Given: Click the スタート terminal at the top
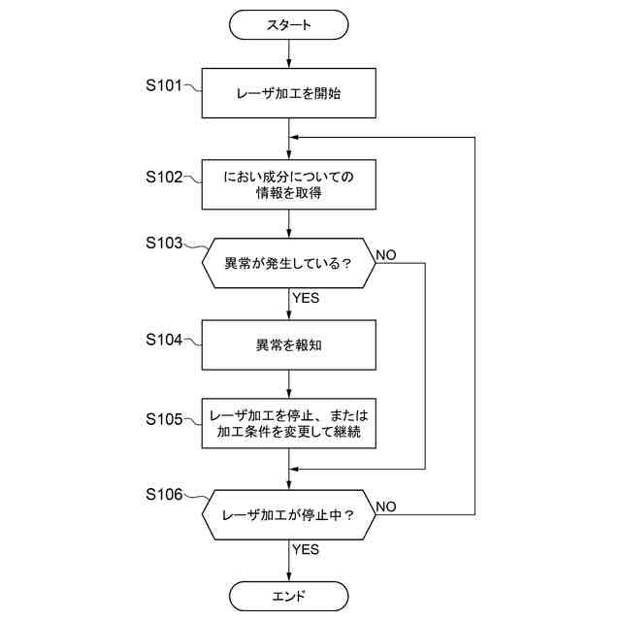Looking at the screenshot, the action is [x=289, y=25].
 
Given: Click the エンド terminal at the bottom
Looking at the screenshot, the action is [x=289, y=596].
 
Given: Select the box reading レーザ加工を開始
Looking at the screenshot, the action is [x=289, y=93].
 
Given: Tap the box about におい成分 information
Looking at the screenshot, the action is [x=289, y=184].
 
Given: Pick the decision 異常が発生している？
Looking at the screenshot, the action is [x=289, y=263].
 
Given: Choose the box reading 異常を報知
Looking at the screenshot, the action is [x=289, y=345].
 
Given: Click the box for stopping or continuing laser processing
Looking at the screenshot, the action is [x=289, y=423].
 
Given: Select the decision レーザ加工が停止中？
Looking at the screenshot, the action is [x=289, y=515].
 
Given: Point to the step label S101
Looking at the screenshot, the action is [x=164, y=85].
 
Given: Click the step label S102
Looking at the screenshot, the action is [x=164, y=177].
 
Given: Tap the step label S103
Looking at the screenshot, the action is [x=164, y=243].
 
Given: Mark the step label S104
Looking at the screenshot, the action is [x=164, y=340].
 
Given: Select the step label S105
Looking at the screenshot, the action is [x=164, y=419].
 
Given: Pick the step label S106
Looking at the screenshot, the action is [x=164, y=494].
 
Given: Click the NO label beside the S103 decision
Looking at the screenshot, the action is [x=386, y=255].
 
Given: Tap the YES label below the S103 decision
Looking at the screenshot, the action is [x=306, y=298].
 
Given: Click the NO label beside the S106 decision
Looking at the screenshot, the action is [x=386, y=507].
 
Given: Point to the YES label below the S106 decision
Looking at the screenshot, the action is [x=306, y=549].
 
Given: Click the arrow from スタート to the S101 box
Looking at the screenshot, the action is [x=289, y=54].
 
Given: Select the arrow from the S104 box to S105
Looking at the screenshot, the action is [x=289, y=384].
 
